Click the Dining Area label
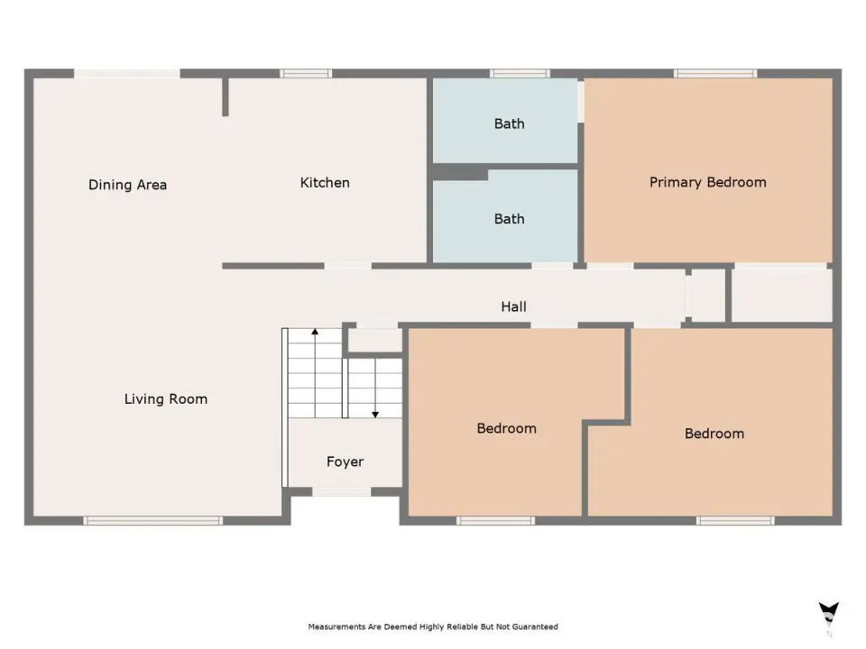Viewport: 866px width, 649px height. point(127,185)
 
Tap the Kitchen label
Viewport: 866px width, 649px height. point(325,183)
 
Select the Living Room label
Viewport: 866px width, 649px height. point(166,399)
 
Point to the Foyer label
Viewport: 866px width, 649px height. point(345,462)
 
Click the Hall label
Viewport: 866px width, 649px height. point(513,306)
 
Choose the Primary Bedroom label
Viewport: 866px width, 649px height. point(708,183)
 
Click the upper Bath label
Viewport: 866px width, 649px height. point(509,123)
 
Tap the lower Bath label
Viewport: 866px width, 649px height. point(509,219)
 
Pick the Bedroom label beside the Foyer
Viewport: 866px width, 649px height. point(506,428)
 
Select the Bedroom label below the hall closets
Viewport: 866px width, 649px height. point(714,434)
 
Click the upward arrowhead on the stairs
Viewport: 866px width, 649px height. point(315,332)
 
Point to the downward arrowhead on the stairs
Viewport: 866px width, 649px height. point(375,415)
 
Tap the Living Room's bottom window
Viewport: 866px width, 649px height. point(153,520)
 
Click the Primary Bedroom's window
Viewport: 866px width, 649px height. point(715,73)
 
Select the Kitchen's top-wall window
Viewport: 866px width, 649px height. point(306,73)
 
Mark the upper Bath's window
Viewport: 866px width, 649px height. point(520,73)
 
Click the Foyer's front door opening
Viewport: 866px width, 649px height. point(342,492)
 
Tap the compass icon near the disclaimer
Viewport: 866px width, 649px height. point(828,614)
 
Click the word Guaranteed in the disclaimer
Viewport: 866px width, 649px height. point(535,627)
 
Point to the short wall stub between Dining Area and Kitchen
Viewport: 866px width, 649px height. point(226,97)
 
